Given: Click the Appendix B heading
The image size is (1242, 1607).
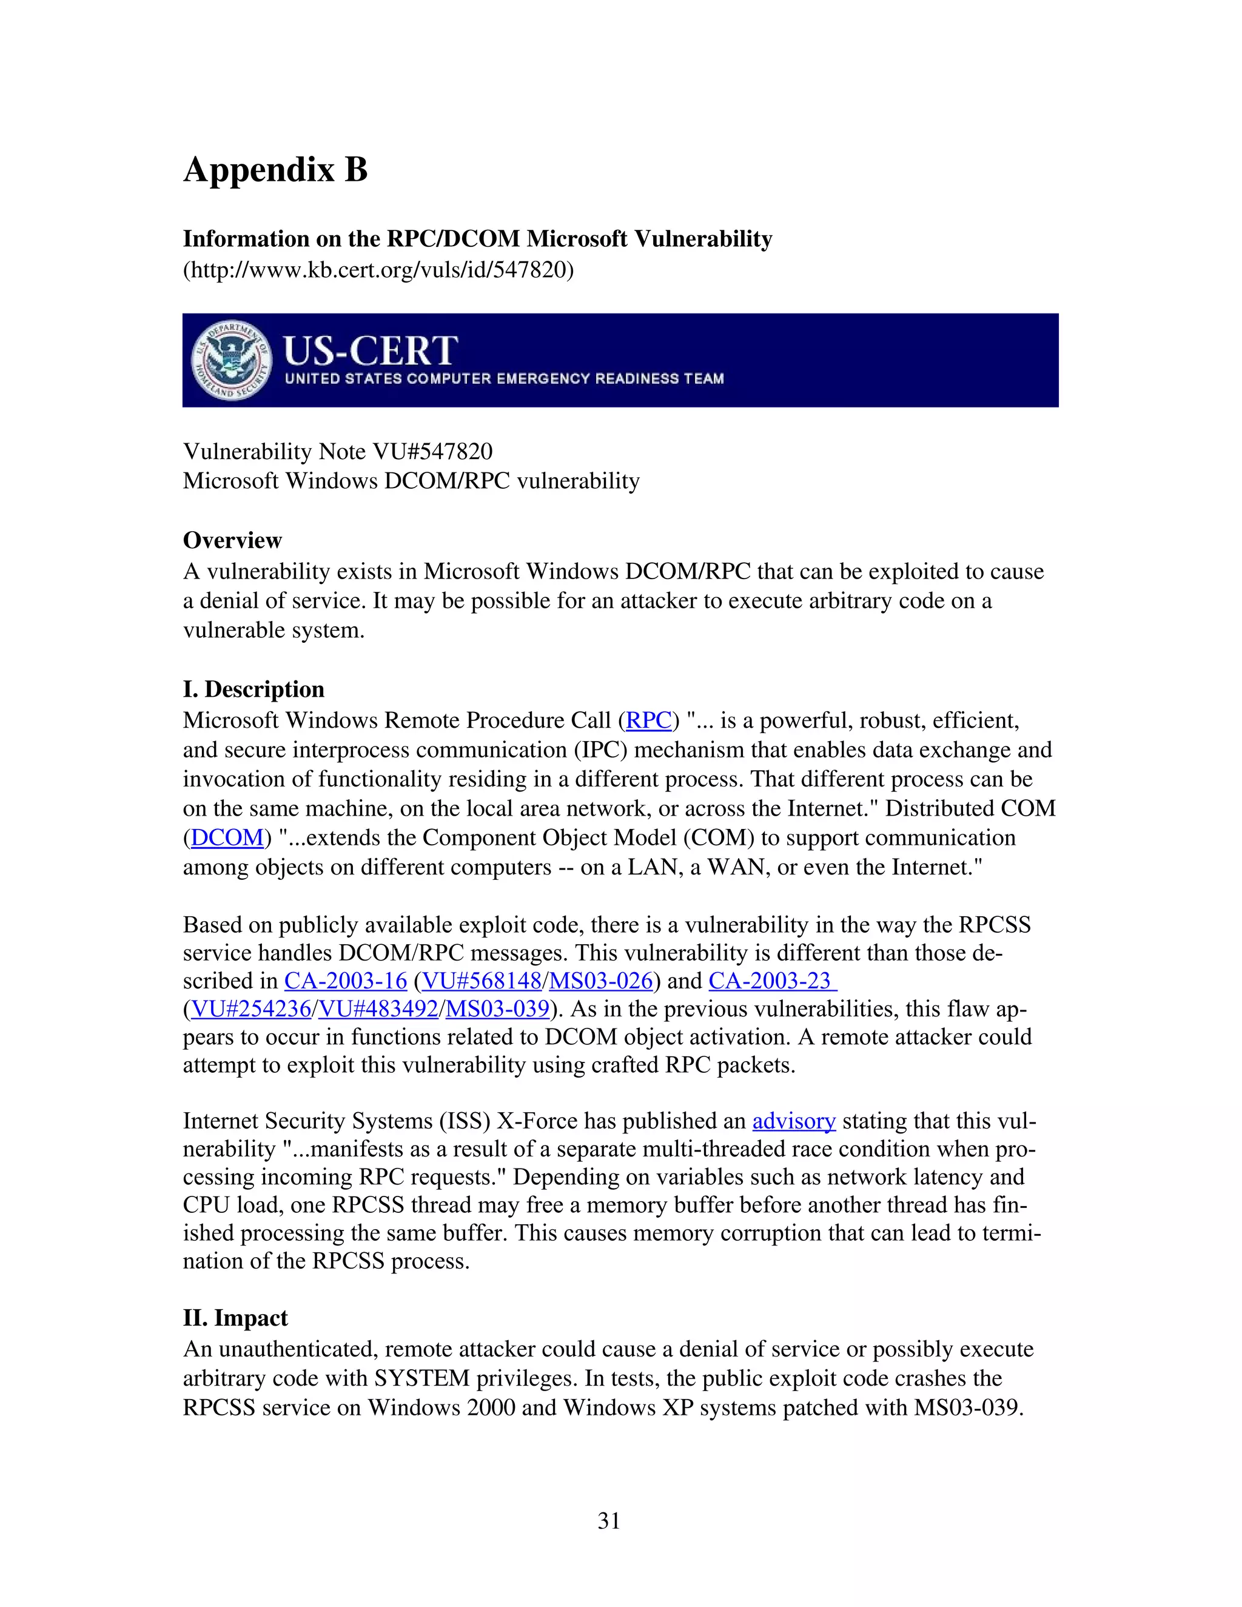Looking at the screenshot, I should [275, 170].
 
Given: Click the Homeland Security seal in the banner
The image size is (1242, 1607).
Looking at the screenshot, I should [231, 361].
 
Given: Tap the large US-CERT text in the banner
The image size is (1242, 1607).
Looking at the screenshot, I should [370, 351].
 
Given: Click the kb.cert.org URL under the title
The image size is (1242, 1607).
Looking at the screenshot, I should [378, 270].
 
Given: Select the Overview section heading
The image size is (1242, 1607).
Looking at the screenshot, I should [232, 540].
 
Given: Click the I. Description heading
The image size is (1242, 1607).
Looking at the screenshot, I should [254, 689].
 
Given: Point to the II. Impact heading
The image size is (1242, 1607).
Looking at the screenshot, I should [235, 1318].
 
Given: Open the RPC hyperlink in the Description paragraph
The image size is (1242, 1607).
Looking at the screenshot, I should [648, 720].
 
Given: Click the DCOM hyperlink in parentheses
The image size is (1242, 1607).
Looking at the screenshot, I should [227, 838].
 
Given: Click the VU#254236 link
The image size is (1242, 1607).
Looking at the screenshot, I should [251, 1009].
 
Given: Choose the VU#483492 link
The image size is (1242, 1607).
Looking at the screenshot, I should [379, 1009].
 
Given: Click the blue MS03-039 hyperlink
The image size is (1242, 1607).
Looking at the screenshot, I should [498, 1009].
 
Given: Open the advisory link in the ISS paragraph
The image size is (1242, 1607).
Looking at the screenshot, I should [794, 1121].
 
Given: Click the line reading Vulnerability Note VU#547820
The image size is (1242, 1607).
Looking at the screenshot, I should [338, 451].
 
